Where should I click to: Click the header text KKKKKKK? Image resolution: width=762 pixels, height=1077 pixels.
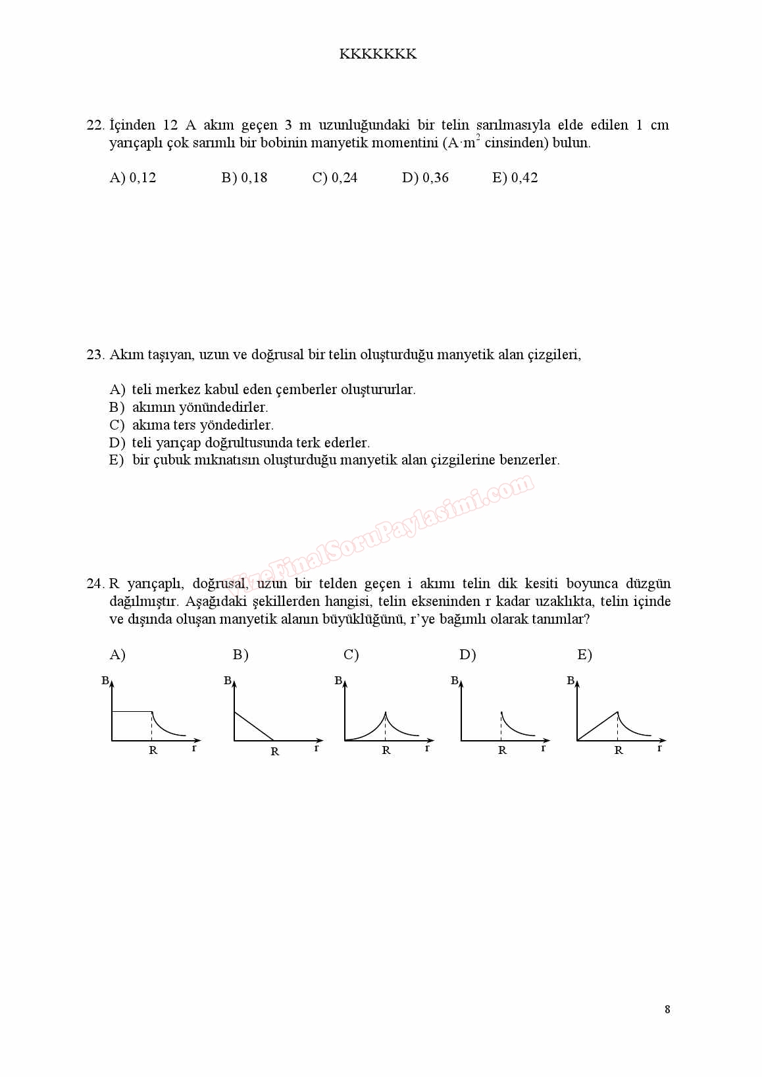click(378, 54)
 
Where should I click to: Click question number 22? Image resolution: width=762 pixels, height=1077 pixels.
click(95, 125)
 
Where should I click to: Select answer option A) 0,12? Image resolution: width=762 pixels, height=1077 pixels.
click(133, 178)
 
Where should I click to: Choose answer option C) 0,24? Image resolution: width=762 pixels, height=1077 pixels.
click(335, 178)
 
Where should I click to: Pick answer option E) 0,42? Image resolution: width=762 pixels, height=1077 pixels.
click(515, 178)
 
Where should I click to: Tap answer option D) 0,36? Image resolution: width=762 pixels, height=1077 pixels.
click(425, 178)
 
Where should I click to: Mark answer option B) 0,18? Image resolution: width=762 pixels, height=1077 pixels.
click(244, 178)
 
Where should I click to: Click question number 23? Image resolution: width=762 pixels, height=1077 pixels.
click(95, 355)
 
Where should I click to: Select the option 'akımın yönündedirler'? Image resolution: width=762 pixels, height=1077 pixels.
click(200, 407)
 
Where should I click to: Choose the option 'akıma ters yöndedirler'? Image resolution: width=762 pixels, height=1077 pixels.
click(203, 425)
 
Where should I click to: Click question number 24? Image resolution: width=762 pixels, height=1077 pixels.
click(95, 584)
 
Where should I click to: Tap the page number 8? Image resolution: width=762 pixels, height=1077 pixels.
click(667, 1009)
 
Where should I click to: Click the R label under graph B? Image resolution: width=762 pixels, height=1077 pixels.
click(275, 751)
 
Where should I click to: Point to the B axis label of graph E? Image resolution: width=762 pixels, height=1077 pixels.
click(571, 681)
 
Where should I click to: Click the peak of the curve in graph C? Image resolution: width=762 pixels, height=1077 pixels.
click(386, 712)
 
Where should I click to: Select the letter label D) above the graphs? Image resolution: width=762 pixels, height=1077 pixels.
click(467, 655)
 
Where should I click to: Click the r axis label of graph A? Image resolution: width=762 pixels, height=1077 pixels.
click(194, 747)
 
